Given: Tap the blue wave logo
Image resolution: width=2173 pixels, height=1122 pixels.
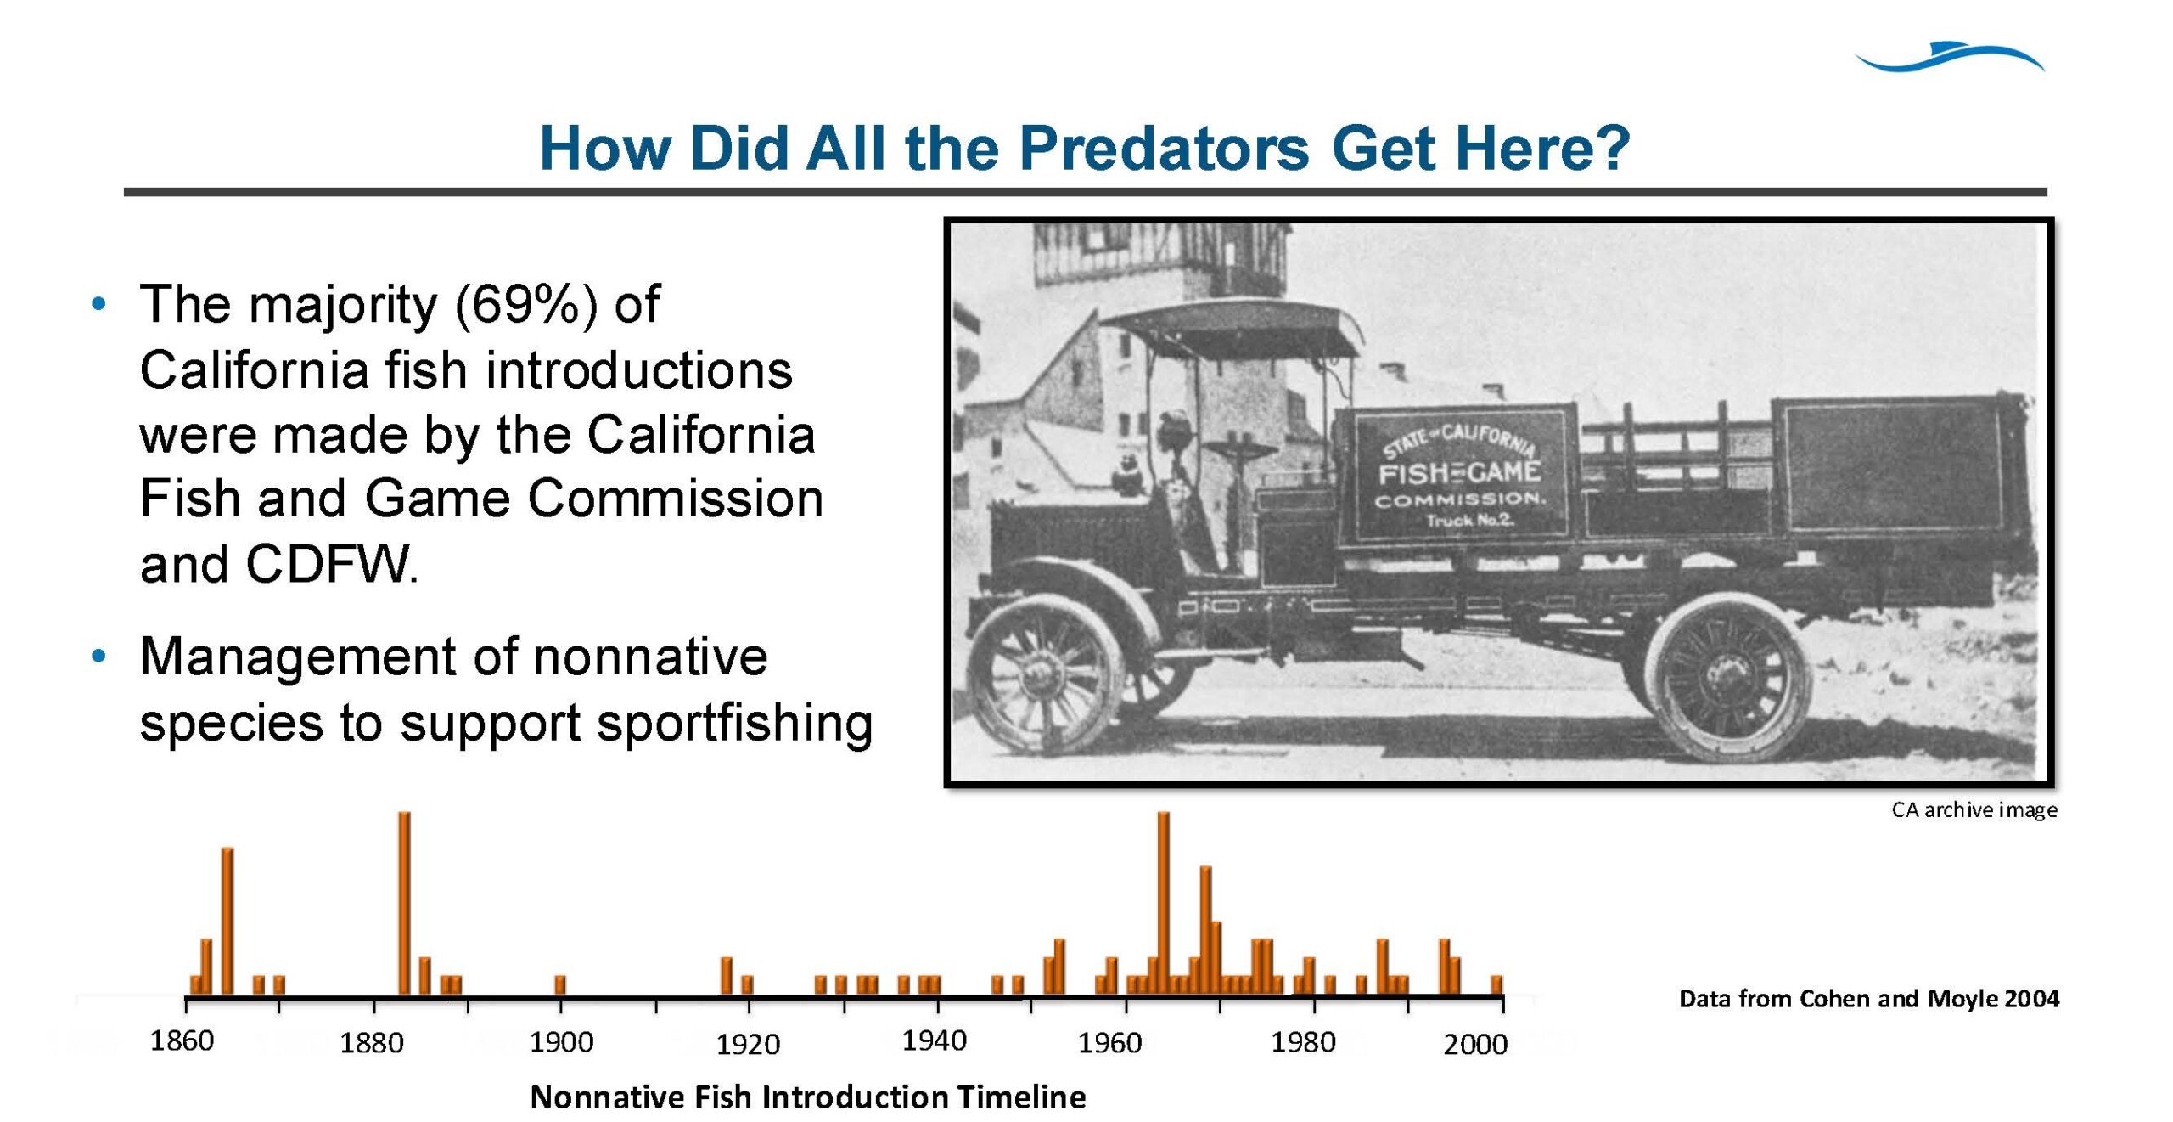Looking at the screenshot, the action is click(x=1950, y=57).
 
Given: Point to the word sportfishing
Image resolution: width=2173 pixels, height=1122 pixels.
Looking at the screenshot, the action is click(x=734, y=724).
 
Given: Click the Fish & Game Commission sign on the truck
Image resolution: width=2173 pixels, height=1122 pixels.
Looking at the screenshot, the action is click(x=1459, y=474).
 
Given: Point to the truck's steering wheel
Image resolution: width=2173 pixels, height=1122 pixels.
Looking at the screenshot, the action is click(x=1238, y=448).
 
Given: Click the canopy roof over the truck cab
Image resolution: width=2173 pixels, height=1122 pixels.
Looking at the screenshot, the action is click(x=1231, y=327).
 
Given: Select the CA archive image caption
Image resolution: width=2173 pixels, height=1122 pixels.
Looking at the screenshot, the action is click(x=1974, y=809).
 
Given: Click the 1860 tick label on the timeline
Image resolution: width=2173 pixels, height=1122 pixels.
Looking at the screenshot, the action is click(x=182, y=1040).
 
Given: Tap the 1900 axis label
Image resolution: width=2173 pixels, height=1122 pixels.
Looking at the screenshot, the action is click(x=561, y=1042).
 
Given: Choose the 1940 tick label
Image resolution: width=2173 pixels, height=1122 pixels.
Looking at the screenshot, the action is click(x=934, y=1040).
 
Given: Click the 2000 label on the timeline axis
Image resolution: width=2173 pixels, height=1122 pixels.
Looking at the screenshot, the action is click(x=1475, y=1044).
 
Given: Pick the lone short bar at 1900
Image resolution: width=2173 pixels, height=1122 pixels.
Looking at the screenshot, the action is click(x=560, y=985).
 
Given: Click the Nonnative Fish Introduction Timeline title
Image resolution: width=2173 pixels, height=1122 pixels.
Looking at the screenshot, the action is click(x=808, y=1097).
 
